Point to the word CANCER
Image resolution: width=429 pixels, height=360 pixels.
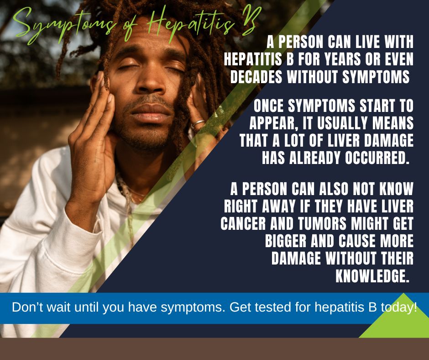(x=243, y=224)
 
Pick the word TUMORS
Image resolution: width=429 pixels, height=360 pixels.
(x=322, y=224)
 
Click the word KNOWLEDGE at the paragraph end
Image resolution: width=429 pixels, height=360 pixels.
(x=372, y=276)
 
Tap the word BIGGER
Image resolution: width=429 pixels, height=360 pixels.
(x=286, y=241)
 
